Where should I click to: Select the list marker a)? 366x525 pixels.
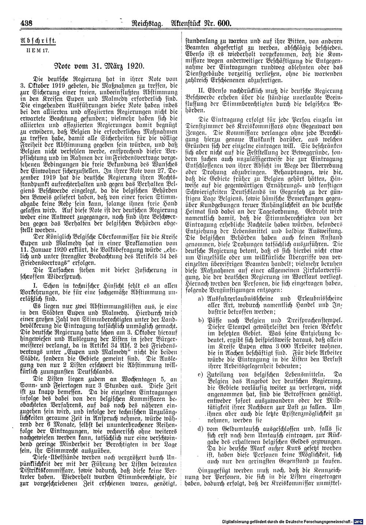(201, 299)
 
